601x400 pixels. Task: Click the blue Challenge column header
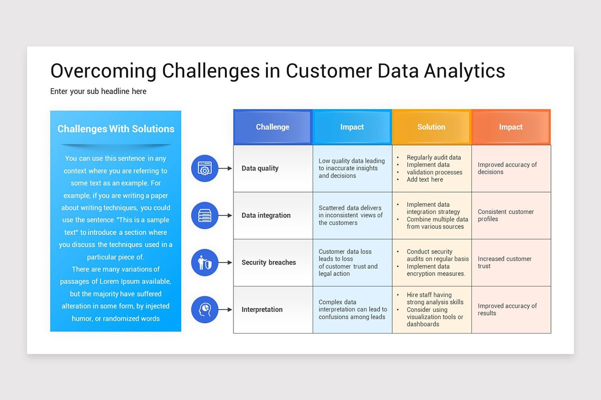click(x=272, y=127)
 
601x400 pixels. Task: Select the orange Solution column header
click(x=431, y=127)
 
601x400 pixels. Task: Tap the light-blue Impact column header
click(x=352, y=127)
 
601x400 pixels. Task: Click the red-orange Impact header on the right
click(x=510, y=127)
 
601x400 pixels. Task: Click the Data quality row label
click(x=260, y=168)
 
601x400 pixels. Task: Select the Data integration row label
click(x=266, y=215)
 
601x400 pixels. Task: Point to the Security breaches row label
click(x=268, y=262)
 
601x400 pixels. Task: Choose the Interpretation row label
click(x=262, y=309)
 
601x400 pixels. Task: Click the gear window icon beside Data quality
click(x=204, y=168)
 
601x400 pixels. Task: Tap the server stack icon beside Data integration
click(x=204, y=215)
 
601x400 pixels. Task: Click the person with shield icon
click(x=204, y=262)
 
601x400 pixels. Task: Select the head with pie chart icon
click(x=204, y=309)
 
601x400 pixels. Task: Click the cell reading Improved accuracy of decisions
click(x=507, y=168)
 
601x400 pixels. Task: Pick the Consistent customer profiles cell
click(x=505, y=215)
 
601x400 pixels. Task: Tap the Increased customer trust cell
click(x=504, y=262)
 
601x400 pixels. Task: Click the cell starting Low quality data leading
click(x=352, y=168)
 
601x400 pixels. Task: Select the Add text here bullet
click(x=425, y=179)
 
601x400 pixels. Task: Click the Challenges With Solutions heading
click(x=116, y=129)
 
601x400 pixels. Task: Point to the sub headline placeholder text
click(x=98, y=91)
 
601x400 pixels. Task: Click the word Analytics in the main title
click(x=464, y=71)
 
